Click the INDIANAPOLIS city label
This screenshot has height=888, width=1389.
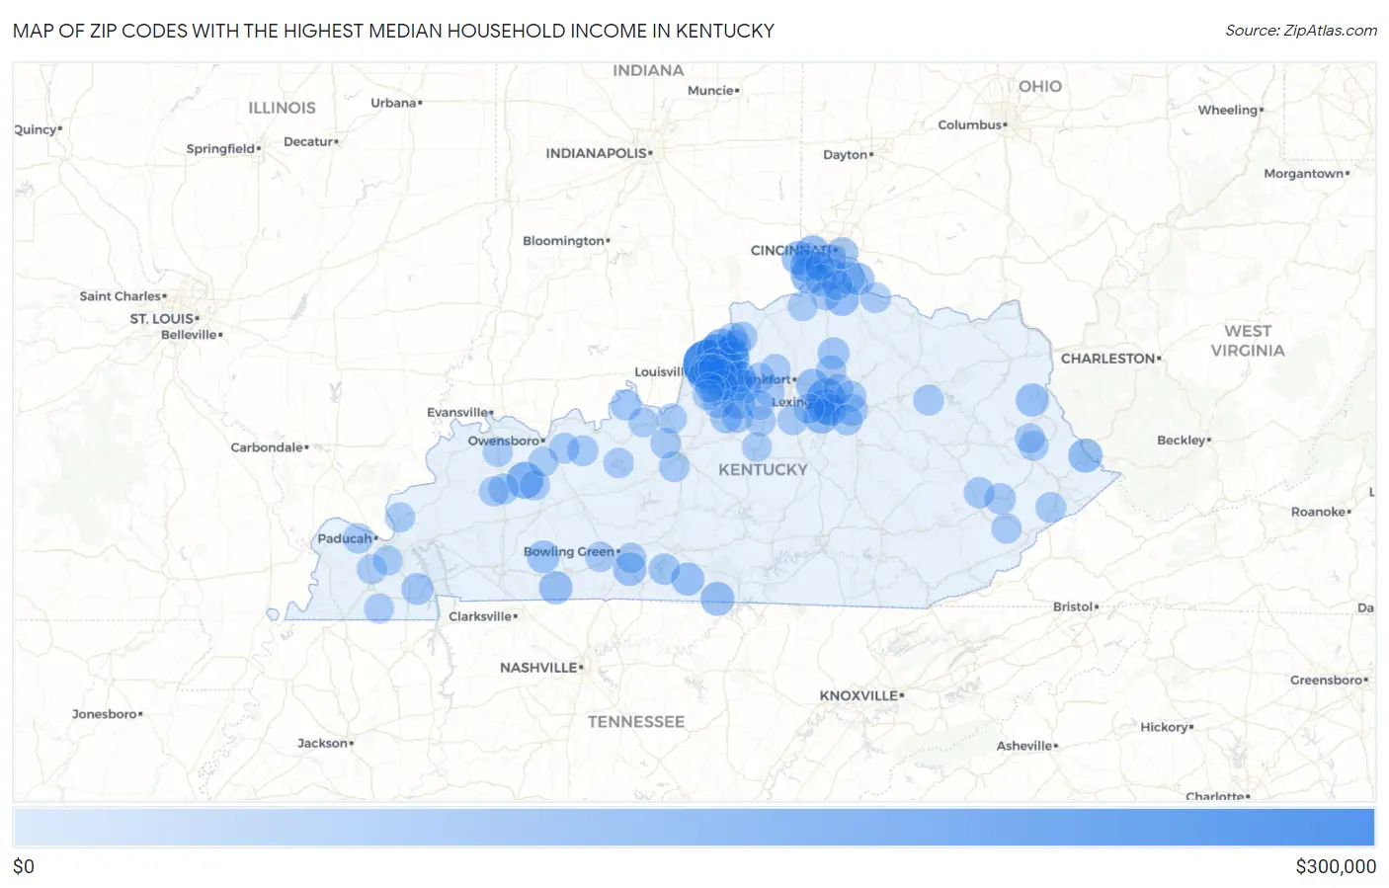597,153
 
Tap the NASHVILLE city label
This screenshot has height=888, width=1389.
539,668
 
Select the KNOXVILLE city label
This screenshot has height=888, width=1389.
859,695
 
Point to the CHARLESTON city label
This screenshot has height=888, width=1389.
1108,359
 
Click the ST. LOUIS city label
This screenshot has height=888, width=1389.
163,318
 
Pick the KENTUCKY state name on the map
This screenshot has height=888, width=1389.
763,470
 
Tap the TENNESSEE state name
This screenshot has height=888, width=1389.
635,722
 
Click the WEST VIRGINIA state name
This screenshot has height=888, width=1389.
1248,341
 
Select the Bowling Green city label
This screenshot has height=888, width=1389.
569,551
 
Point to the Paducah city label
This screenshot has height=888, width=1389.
345,538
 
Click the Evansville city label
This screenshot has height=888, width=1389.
458,412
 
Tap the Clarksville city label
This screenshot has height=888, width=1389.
481,616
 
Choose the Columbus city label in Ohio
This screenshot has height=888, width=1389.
970,124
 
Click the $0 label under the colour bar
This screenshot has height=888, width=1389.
24,866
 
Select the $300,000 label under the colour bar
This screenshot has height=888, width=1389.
1335,866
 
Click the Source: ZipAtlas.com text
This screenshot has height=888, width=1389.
1300,31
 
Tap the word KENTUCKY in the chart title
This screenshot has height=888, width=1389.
724,31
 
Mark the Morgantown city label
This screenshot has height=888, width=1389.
1304,174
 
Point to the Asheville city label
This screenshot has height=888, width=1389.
1024,746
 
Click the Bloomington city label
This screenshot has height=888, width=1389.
564,241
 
